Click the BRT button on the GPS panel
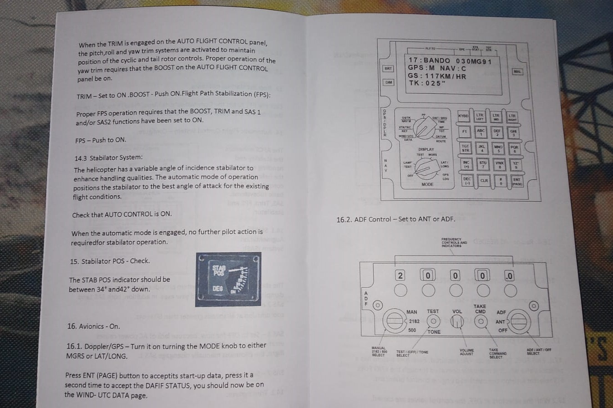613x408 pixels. click(388, 69)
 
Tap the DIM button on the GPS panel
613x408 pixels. click(388, 82)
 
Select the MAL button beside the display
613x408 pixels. click(517, 71)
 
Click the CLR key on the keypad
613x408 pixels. click(484, 180)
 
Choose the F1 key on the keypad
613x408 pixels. click(464, 132)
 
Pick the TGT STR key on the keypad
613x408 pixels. click(465, 148)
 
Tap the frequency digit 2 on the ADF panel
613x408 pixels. click(400, 275)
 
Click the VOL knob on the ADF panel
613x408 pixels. click(457, 321)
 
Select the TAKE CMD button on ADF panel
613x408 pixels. click(479, 321)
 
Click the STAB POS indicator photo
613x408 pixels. click(228, 279)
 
